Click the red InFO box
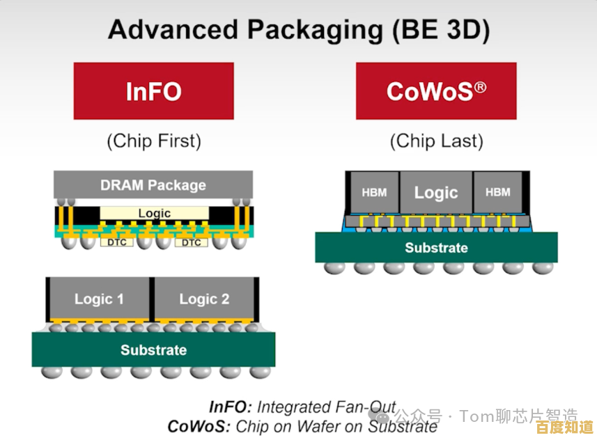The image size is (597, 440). coord(153,91)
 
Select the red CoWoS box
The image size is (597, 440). coord(436,91)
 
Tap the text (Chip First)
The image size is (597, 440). coord(153,141)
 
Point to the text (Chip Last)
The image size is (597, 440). coord(436,141)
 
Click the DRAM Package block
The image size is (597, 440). coord(153,185)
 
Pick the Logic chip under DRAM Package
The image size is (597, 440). coord(154,213)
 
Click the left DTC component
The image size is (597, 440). coord(116,242)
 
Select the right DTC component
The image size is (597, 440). coord(191,242)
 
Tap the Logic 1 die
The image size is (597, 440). coord(99,299)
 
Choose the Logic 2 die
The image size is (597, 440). coord(204,299)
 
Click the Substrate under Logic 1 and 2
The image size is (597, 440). coord(153,349)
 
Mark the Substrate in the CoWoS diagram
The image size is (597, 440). coord(436,248)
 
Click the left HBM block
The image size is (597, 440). coord(374,192)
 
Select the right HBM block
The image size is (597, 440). coord(497,192)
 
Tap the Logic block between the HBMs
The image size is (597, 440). coord(436,192)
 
